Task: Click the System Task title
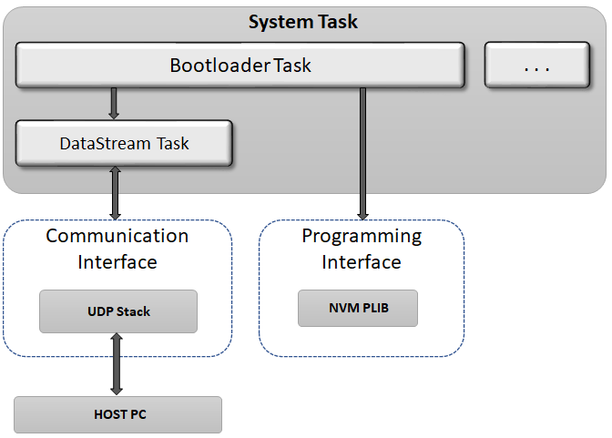tap(304, 21)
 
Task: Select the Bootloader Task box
tap(240, 66)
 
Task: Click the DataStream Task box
tap(124, 144)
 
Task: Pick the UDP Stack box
tap(117, 311)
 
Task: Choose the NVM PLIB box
tap(357, 309)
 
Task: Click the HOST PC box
tap(118, 414)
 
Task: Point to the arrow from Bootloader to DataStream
tap(114, 103)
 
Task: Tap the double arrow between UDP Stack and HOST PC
tap(117, 364)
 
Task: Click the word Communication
tap(117, 236)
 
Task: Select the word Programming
tap(362, 236)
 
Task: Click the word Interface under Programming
tap(362, 262)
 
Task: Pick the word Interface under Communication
tap(117, 262)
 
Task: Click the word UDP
tap(97, 311)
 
